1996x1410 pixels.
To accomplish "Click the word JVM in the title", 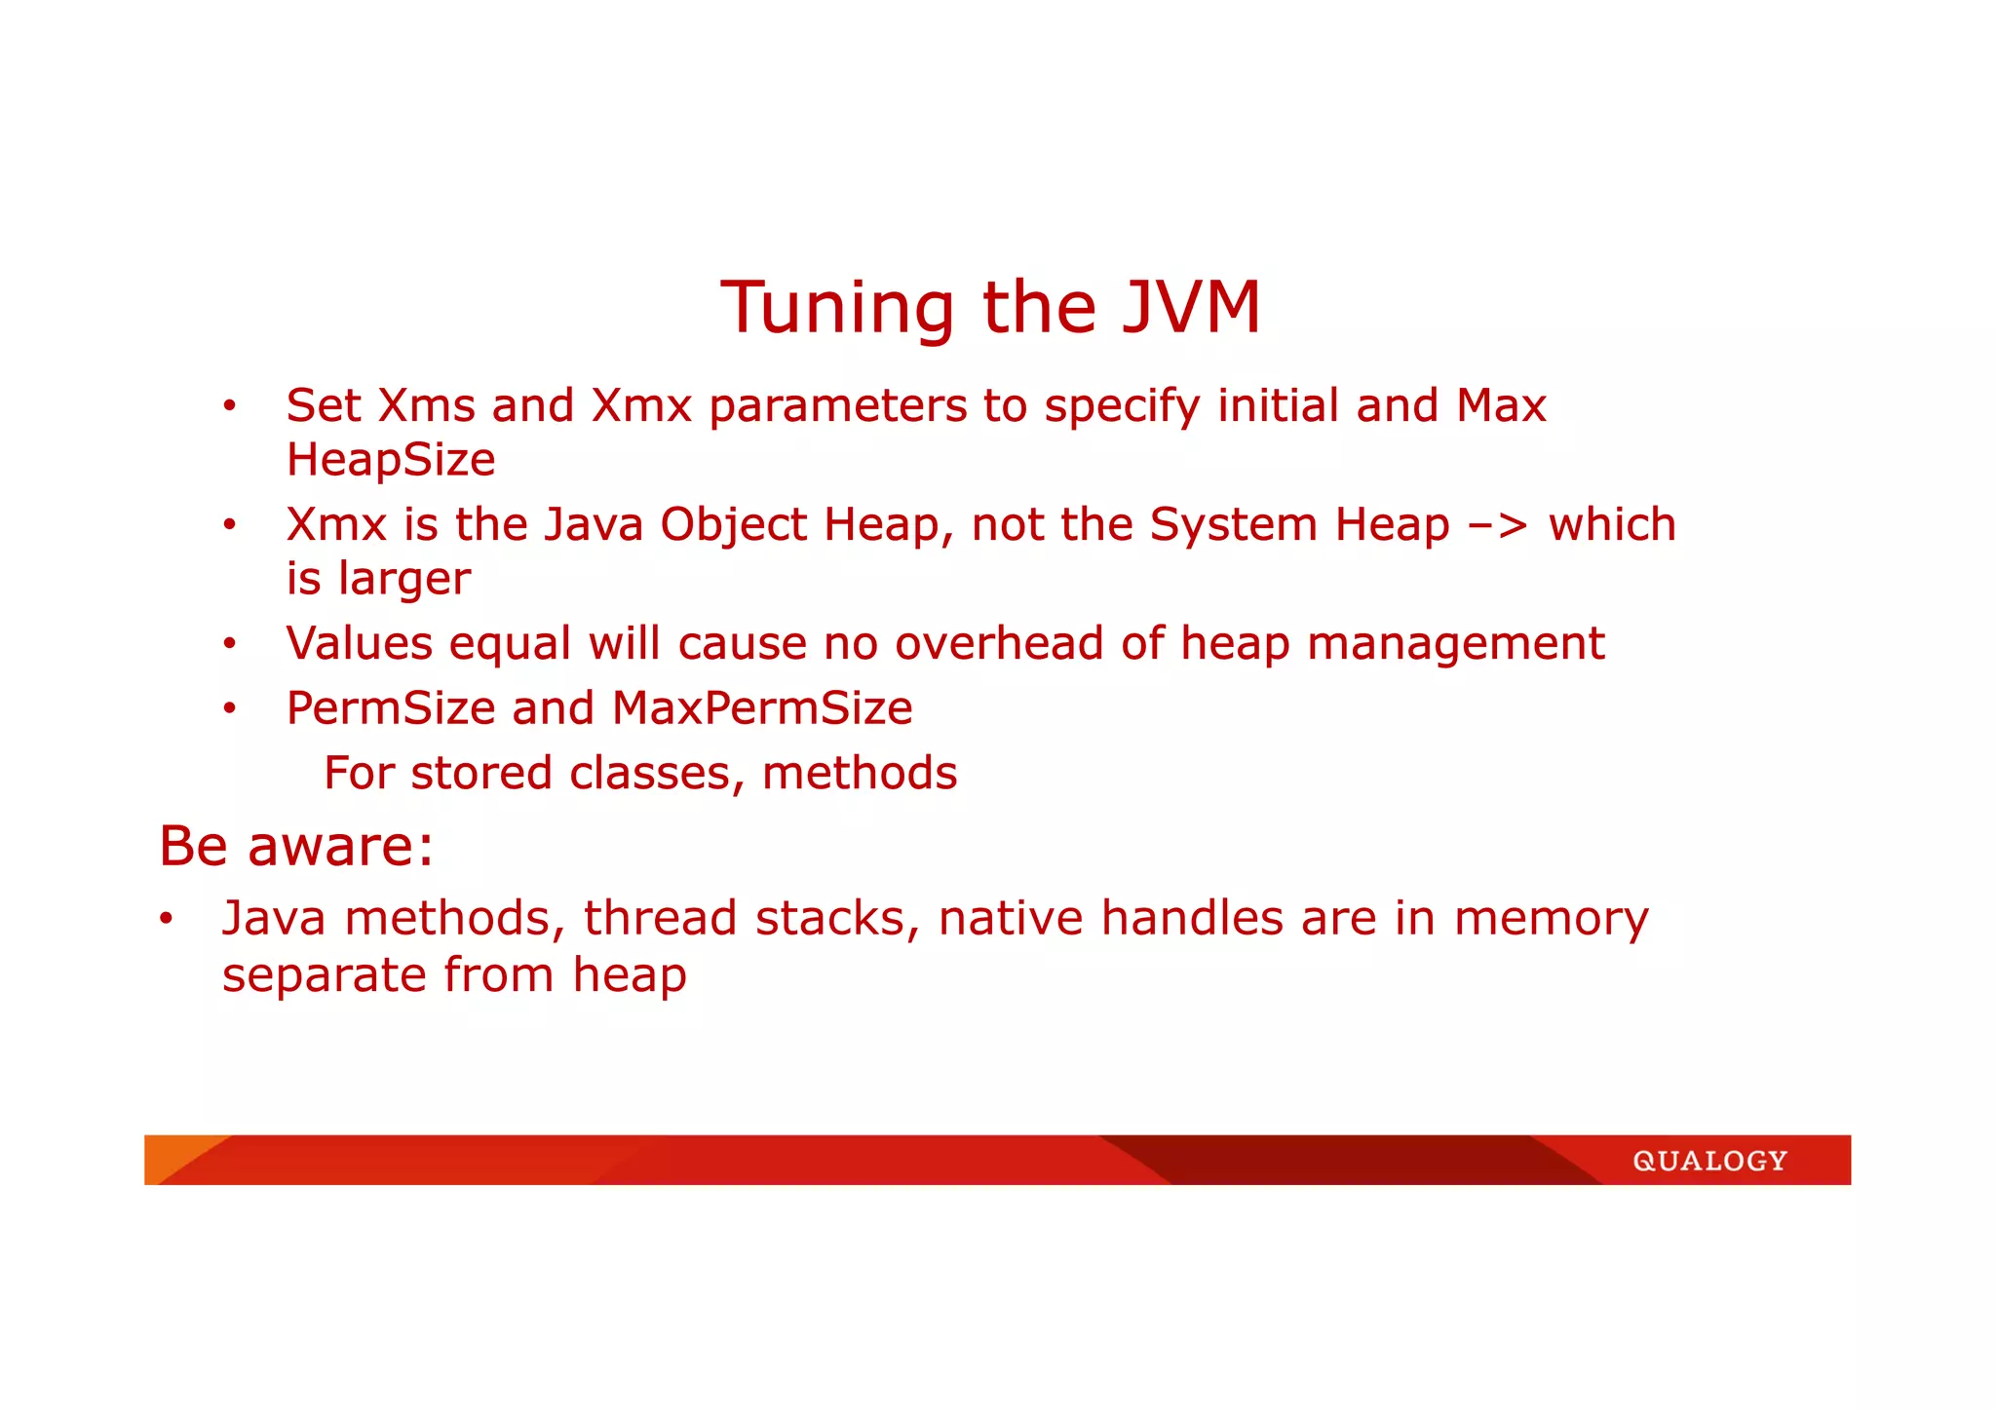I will [1191, 308].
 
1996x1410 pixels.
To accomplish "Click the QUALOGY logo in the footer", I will [1709, 1161].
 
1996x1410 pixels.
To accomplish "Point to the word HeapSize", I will [391, 460].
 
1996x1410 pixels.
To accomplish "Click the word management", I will [1455, 644].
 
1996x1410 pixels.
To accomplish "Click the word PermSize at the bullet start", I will [391, 708].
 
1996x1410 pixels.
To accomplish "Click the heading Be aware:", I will [296, 846].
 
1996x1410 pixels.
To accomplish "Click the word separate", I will [324, 975].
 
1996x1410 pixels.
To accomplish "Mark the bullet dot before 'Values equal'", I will [229, 644].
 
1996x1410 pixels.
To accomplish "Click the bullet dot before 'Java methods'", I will [167, 919].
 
